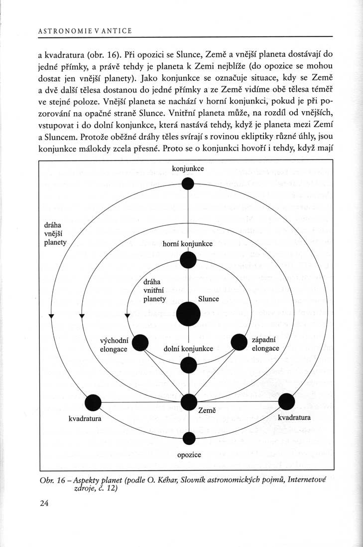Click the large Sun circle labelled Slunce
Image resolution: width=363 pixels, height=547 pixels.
(188, 314)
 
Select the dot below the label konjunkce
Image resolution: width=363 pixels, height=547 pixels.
(188, 184)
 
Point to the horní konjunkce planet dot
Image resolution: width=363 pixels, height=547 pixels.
(188, 260)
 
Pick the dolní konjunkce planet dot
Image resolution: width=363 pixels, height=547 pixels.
(188, 366)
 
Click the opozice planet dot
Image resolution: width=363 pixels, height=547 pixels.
(188, 438)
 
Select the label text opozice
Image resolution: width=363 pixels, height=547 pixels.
(189, 455)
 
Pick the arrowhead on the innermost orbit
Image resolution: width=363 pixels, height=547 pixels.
(127, 316)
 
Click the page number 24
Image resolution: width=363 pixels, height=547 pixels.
(43, 504)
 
